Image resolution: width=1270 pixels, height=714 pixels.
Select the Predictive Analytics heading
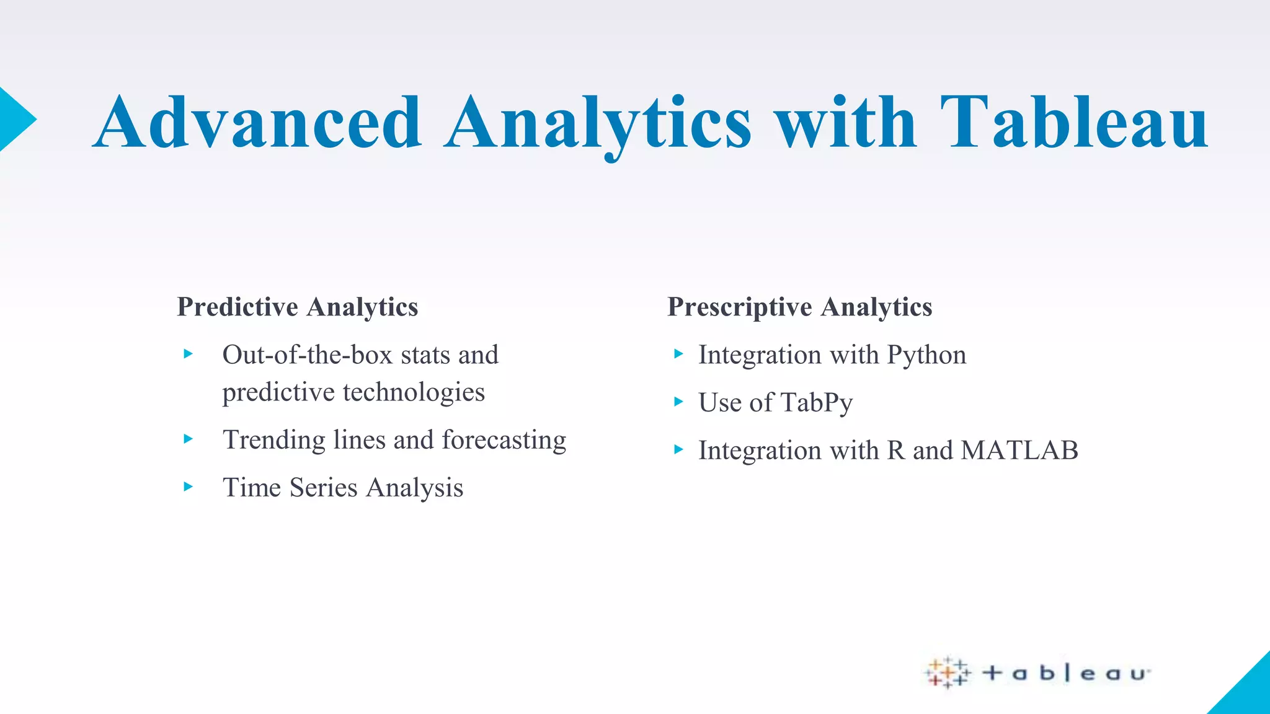click(298, 307)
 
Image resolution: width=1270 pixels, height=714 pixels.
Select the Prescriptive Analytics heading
click(799, 307)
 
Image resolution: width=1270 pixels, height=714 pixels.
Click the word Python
click(926, 355)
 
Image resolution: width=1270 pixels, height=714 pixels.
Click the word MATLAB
click(1019, 451)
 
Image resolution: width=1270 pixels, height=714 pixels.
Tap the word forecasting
click(504, 440)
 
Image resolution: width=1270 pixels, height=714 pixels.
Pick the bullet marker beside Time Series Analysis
click(189, 487)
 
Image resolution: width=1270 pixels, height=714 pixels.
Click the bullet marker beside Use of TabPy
click(678, 402)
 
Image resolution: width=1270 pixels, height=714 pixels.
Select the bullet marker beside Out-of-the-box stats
click(189, 355)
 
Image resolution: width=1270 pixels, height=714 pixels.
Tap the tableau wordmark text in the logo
click(1067, 673)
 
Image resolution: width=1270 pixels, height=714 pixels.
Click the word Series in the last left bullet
click(323, 488)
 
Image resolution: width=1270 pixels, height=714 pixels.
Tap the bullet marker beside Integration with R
click(678, 450)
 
